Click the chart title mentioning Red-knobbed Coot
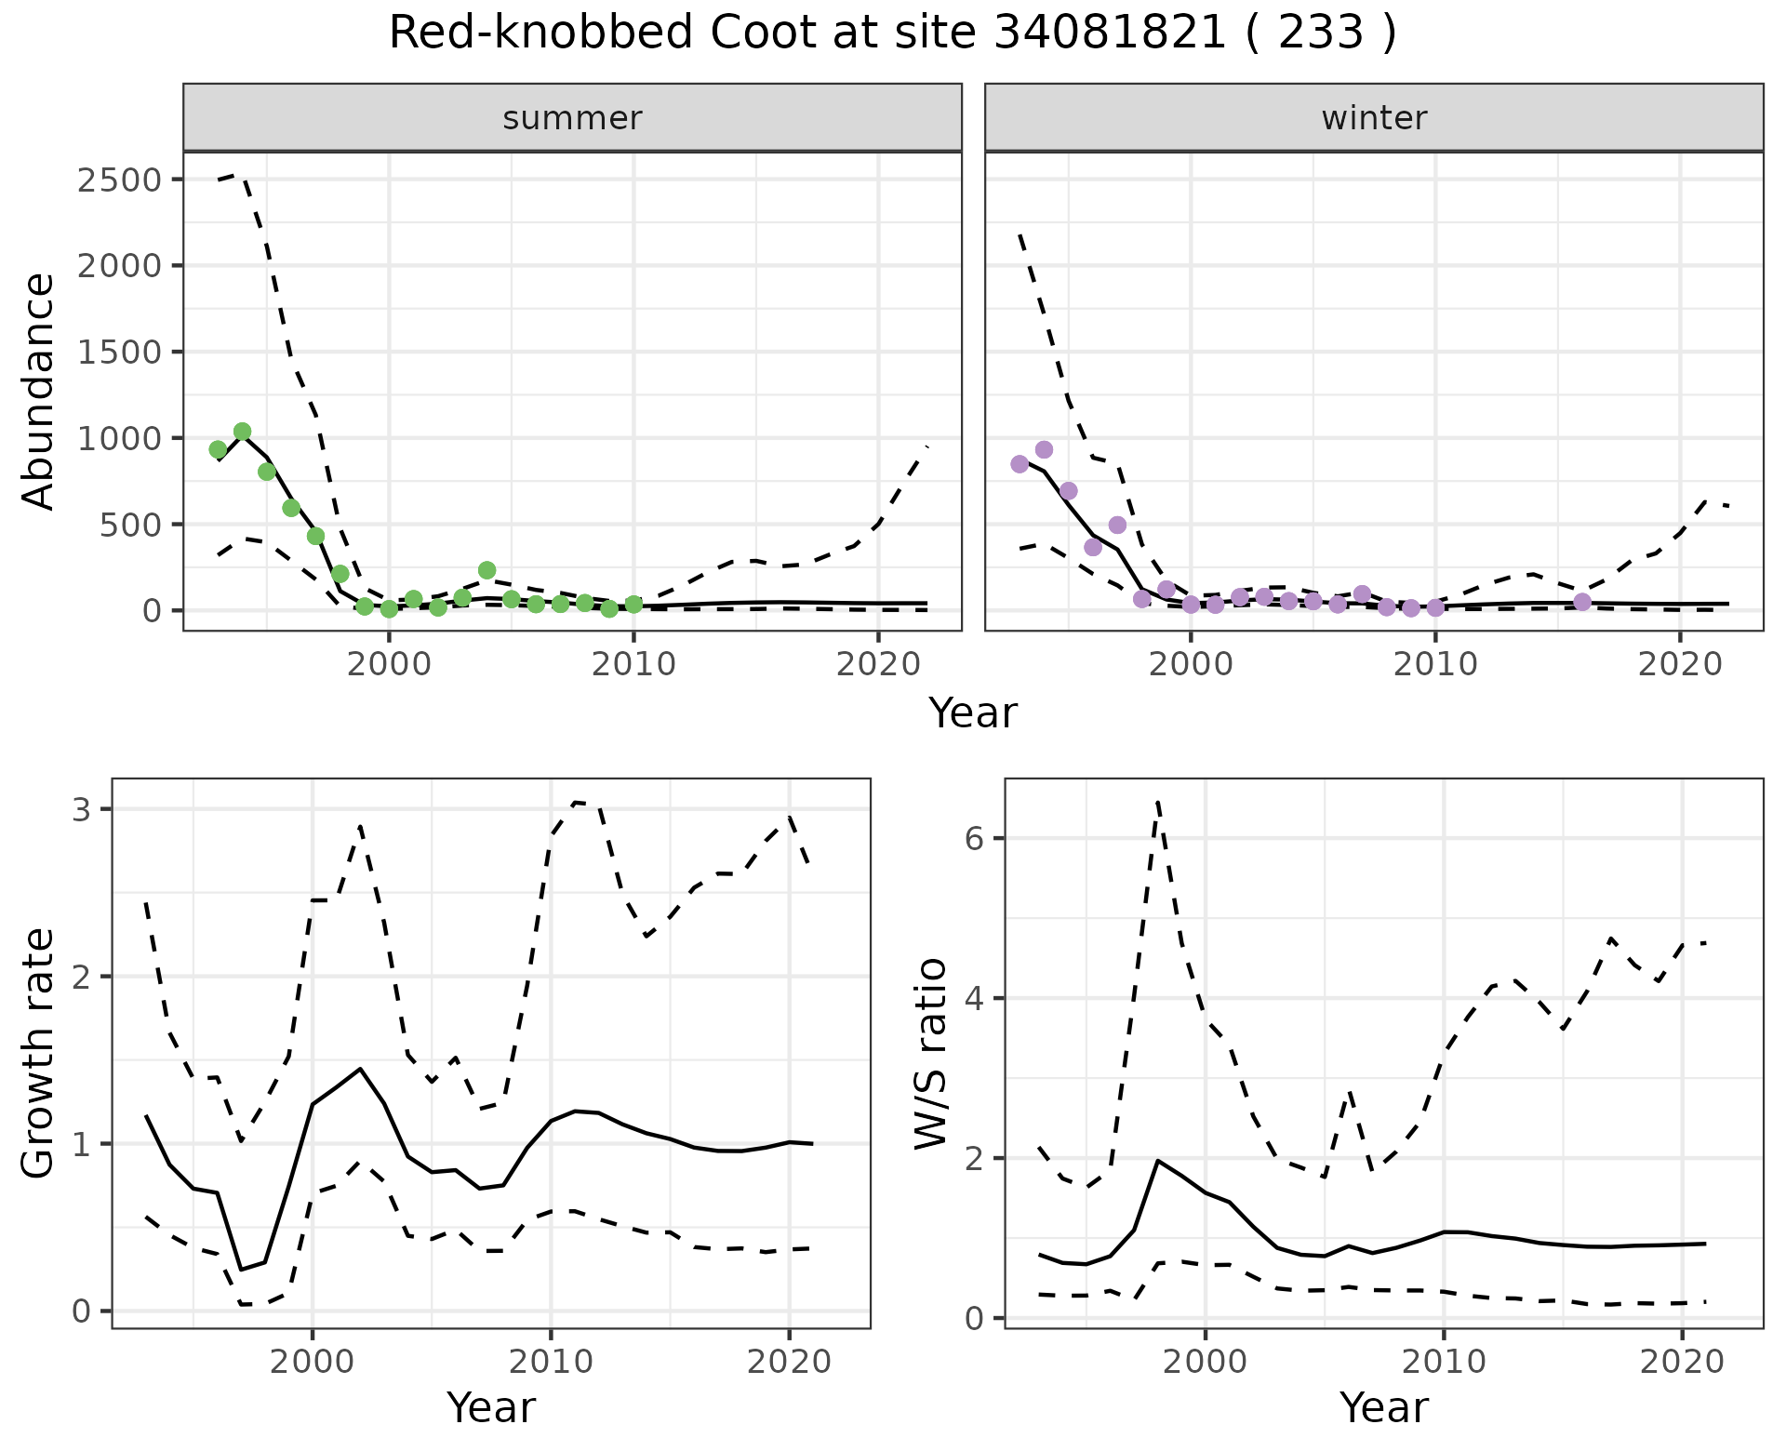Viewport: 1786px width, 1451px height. pos(892,33)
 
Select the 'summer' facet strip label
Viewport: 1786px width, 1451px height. pos(572,118)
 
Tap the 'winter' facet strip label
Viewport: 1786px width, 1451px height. pos(1374,118)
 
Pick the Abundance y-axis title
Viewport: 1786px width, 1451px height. pos(39,391)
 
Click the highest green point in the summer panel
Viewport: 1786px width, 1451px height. pos(243,432)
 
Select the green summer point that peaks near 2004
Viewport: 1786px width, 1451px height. pos(486,570)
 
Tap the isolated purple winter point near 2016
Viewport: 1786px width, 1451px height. pos(1582,602)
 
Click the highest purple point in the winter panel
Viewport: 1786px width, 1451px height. pos(1044,450)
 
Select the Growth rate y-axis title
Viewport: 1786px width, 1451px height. pos(39,1054)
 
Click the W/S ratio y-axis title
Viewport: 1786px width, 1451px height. pos(931,1054)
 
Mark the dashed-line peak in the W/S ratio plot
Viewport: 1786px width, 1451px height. pos(1157,801)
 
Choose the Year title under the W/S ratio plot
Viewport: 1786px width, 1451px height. pos(1383,1408)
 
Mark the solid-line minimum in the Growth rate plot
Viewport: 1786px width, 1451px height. pos(242,1270)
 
